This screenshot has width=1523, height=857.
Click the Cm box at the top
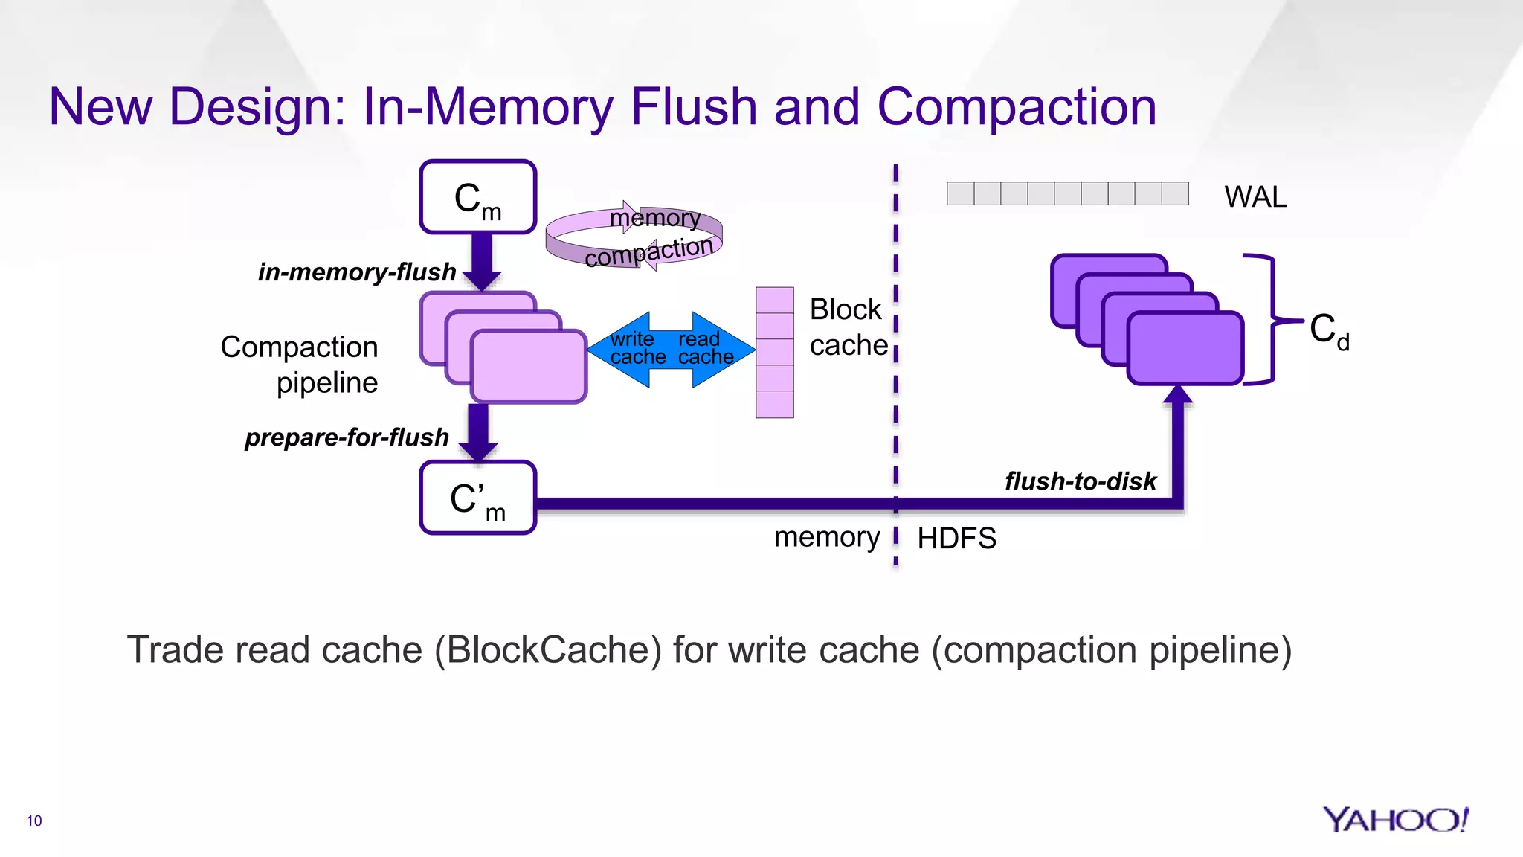pyautogui.click(x=477, y=197)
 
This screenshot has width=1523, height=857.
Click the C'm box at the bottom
pyautogui.click(x=477, y=498)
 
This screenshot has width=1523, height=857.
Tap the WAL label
pyautogui.click(x=1255, y=197)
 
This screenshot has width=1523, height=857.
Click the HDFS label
pyautogui.click(x=956, y=538)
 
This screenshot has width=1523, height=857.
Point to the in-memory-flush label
pyautogui.click(x=357, y=272)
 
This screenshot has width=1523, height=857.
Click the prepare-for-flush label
pyautogui.click(x=347, y=437)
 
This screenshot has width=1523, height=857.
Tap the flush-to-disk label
pyautogui.click(x=1081, y=481)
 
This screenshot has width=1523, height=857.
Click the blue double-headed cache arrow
pyautogui.click(x=671, y=349)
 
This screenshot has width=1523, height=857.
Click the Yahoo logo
pyautogui.click(x=1395, y=820)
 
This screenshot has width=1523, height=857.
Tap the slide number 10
pyautogui.click(x=34, y=821)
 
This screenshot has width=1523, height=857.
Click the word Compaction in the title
pyautogui.click(x=1016, y=106)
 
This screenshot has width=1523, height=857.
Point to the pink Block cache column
pyautogui.click(x=774, y=353)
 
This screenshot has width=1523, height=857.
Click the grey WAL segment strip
pyautogui.click(x=1067, y=193)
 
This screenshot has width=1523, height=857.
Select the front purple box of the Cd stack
pyautogui.click(x=1185, y=348)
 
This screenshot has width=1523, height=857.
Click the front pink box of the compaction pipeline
pyautogui.click(x=529, y=367)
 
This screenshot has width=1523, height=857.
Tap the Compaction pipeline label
pyautogui.click(x=300, y=365)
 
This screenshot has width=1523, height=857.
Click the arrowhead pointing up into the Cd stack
pyautogui.click(x=1177, y=394)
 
